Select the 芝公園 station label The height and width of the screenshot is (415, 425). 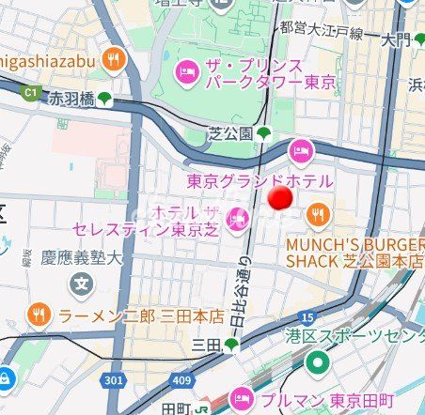coord(230,134)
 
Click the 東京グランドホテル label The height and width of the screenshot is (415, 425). coord(260,180)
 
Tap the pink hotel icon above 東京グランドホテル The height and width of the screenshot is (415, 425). coord(300,149)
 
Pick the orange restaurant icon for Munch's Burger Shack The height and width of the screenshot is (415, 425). coord(318,215)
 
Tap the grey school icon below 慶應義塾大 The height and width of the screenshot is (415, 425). coord(84,282)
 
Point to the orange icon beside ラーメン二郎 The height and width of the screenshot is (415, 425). coord(39,315)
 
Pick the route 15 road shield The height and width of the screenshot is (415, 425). coord(307,317)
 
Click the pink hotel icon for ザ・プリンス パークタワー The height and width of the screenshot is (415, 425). coord(186,70)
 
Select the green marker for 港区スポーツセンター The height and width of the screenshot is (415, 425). coord(319,361)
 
